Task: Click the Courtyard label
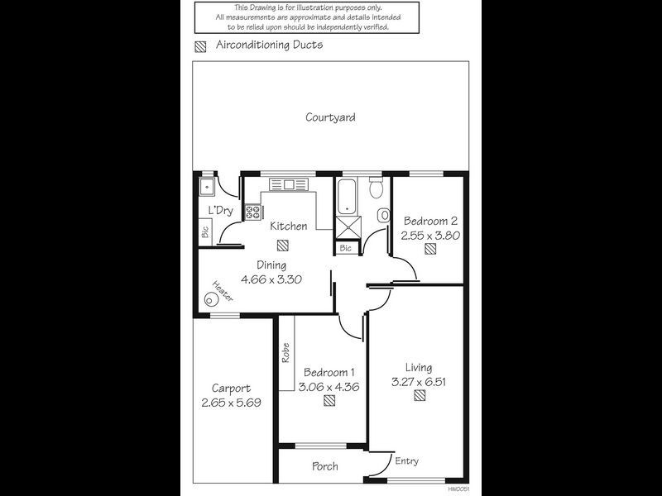tap(330, 117)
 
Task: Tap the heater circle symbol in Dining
tap(211, 299)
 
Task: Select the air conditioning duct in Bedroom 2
tap(430, 249)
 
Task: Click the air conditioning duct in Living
tap(420, 395)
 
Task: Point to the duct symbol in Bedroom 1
tap(329, 400)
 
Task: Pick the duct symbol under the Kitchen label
tap(283, 245)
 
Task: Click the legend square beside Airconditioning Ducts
tap(200, 47)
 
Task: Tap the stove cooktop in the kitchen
tap(253, 212)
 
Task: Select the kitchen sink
tap(289, 184)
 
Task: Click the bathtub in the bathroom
tap(347, 196)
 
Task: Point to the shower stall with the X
tap(348, 227)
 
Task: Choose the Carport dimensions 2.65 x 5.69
tap(231, 403)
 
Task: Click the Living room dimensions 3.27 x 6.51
tap(419, 382)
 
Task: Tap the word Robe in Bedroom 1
tap(285, 353)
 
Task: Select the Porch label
tap(324, 466)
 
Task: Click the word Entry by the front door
tap(406, 461)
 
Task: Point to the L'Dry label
tap(221, 210)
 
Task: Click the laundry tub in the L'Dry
tap(207, 186)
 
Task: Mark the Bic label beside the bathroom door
tap(345, 248)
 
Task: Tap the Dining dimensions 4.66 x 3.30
tap(271, 279)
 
